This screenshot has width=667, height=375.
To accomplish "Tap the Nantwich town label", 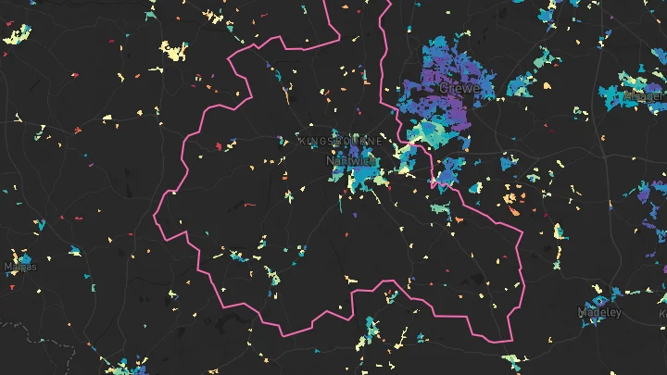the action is pos(350,160).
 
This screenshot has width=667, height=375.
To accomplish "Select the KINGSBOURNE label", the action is pos(340,141).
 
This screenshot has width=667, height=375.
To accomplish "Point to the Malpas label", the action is pos(21,268).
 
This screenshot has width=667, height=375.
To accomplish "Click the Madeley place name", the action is pos(599,313).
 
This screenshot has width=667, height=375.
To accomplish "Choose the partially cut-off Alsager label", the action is pos(647,96).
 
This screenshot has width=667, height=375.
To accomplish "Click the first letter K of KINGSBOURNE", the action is pos(303,141).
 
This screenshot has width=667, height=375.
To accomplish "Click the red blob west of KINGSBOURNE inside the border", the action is pos(219,145).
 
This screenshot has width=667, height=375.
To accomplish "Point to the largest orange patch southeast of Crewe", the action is pos(512,197).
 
